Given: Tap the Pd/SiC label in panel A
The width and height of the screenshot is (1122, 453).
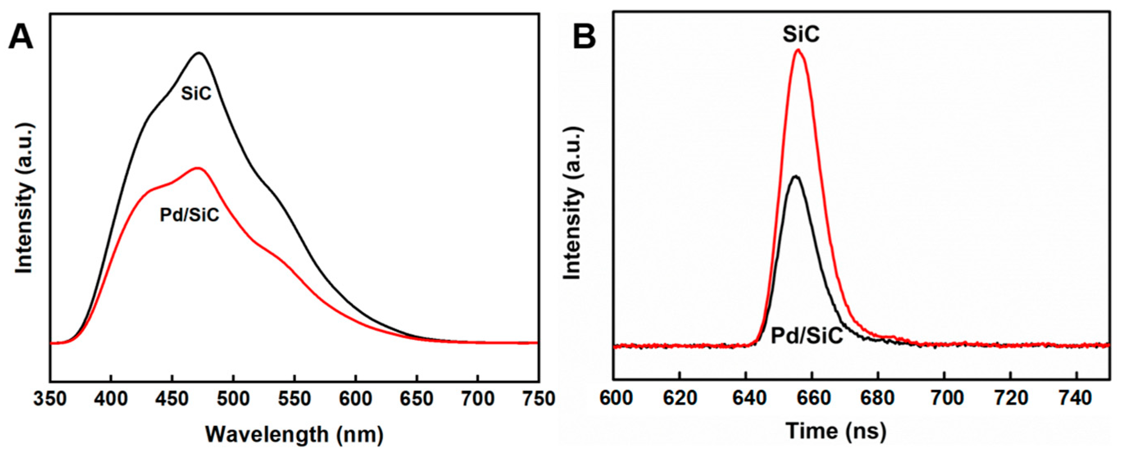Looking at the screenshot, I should pyautogui.click(x=190, y=215).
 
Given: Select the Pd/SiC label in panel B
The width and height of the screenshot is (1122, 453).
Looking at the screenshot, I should pyautogui.click(x=807, y=336).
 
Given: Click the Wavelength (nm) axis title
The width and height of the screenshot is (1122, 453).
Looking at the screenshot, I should pyautogui.click(x=295, y=434).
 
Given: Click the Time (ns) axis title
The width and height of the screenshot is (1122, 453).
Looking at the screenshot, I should pyautogui.click(x=836, y=431).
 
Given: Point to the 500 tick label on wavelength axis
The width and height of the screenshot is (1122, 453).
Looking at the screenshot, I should pyautogui.click(x=233, y=399).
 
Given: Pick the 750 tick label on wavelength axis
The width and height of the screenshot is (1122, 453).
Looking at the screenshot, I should pyautogui.click(x=538, y=399).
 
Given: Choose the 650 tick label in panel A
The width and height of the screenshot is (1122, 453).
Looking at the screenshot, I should pyautogui.click(x=417, y=399).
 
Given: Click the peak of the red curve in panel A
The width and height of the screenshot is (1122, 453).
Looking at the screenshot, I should pyautogui.click(x=198, y=168).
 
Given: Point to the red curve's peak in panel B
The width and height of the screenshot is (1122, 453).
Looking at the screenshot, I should pyautogui.click(x=798, y=50).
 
